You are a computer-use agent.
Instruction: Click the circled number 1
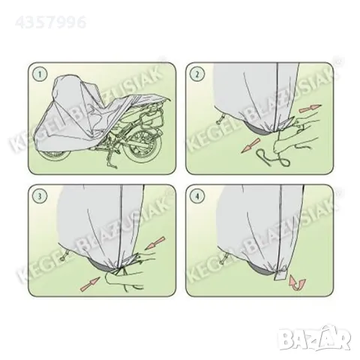(40, 73)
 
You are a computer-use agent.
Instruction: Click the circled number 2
(197, 73)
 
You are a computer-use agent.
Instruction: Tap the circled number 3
(40, 196)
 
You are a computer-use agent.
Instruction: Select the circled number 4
(197, 196)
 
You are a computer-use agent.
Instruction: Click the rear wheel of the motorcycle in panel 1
(142, 148)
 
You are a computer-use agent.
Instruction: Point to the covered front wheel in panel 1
(54, 154)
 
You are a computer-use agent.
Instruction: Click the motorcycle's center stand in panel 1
(110, 160)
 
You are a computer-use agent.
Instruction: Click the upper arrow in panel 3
(155, 243)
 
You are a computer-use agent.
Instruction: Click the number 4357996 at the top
(51, 22)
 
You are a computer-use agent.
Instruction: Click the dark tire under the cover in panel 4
(261, 268)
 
